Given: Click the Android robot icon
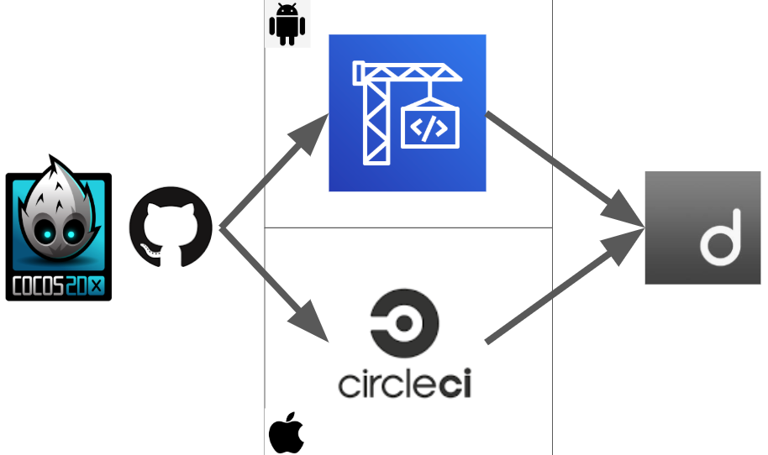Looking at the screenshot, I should click(287, 26).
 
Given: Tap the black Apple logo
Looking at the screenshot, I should click(286, 433).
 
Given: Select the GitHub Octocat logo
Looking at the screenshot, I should click(171, 227).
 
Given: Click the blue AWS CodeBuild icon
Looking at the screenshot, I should click(408, 112).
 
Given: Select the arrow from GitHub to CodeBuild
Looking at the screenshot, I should click(269, 177).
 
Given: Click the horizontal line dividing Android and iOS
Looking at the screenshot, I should click(408, 227).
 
